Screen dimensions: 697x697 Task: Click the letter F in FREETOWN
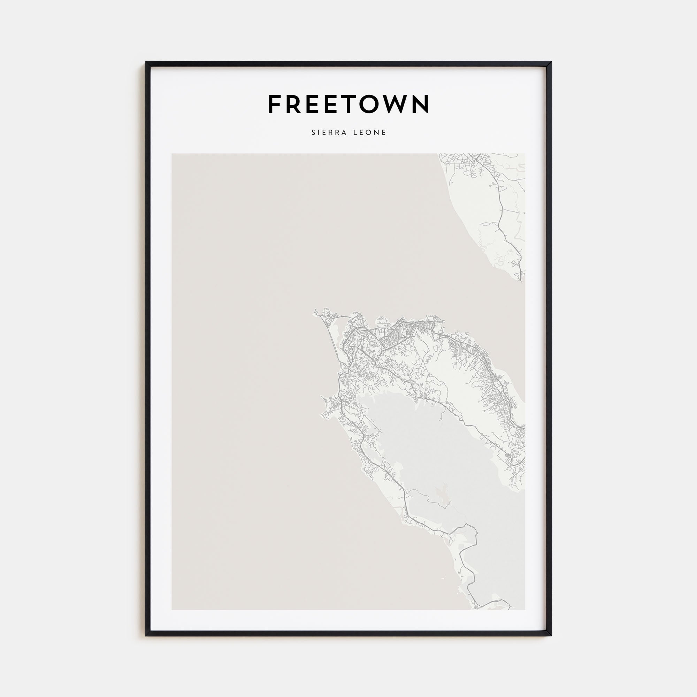pyautogui.click(x=275, y=104)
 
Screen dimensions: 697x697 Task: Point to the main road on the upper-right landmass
pyautogui.click(x=501, y=216)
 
